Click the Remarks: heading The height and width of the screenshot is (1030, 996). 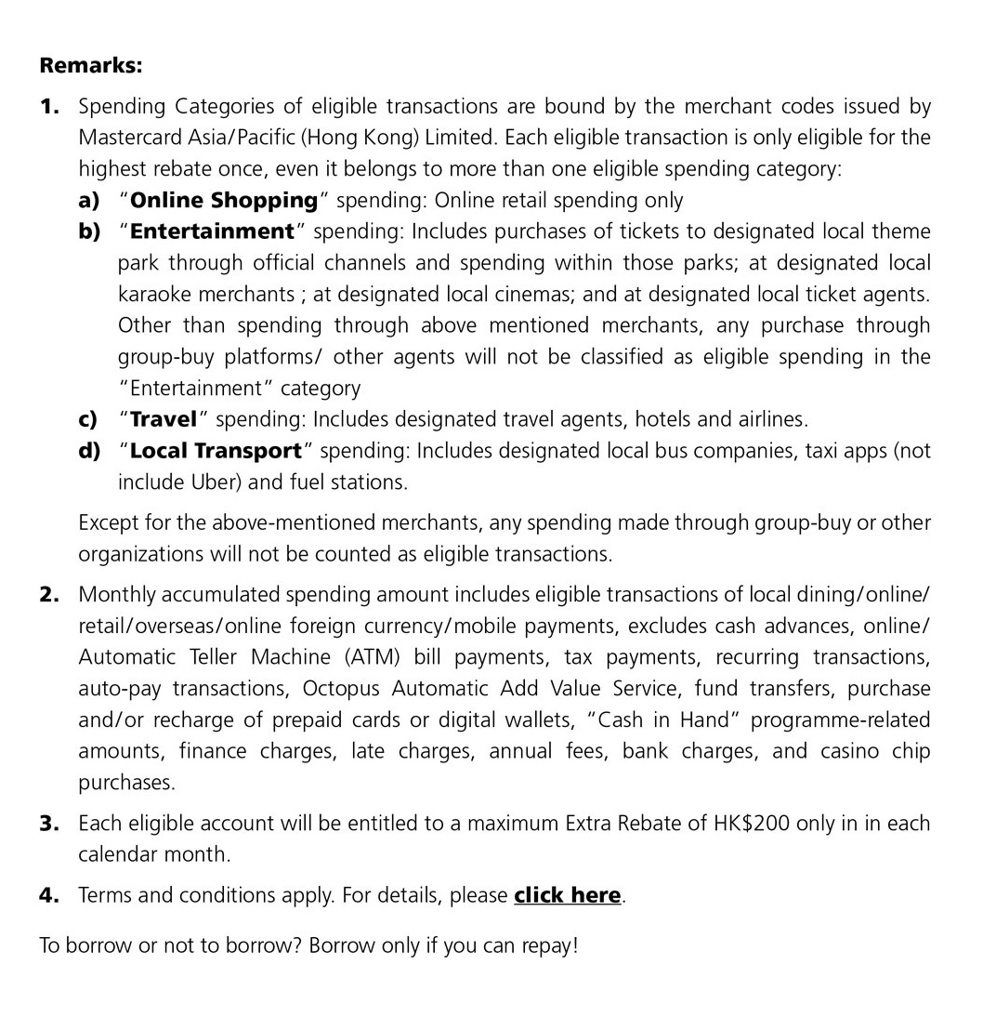[x=91, y=66]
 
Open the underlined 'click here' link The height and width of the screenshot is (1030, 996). [x=567, y=895]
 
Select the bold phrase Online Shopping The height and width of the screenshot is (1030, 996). [x=224, y=200]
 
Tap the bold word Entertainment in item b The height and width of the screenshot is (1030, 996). [x=212, y=231]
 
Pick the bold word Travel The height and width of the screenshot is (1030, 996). [x=164, y=419]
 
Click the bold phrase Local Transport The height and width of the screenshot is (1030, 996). [x=216, y=451]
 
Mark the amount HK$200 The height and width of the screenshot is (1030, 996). [x=751, y=824]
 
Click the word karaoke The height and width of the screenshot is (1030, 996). [x=159, y=295]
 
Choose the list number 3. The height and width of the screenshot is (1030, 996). [x=49, y=824]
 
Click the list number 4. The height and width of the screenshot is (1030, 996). [x=49, y=895]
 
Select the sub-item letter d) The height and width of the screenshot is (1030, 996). [x=89, y=451]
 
